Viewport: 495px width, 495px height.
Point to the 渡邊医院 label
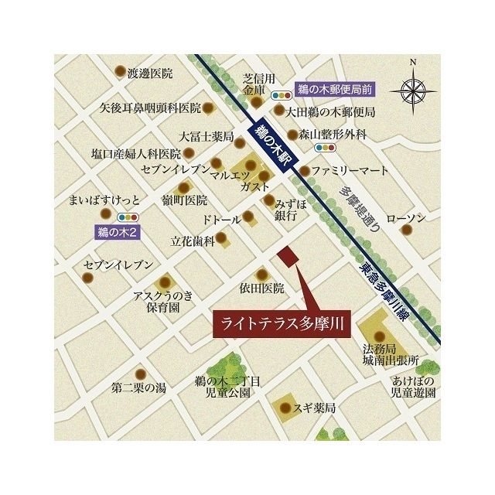pyautogui.click(x=150, y=73)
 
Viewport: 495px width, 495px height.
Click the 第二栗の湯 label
pyautogui.click(x=138, y=387)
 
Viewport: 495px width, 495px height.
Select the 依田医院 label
pyautogui.click(x=261, y=288)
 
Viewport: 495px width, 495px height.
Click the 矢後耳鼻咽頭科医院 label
pyautogui.click(x=150, y=108)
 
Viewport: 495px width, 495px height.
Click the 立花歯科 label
pyautogui.click(x=193, y=241)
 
